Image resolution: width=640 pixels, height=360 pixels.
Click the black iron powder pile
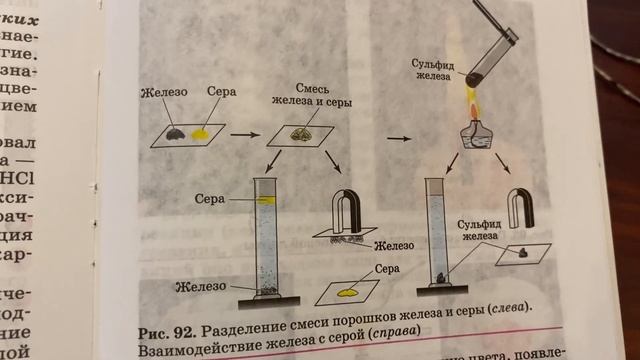pos(175,133)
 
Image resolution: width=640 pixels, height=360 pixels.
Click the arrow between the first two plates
pos(242,132)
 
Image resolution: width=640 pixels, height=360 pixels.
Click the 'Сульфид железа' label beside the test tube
pos(432,71)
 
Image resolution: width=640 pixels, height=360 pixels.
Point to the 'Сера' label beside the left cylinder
pos(210,198)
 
